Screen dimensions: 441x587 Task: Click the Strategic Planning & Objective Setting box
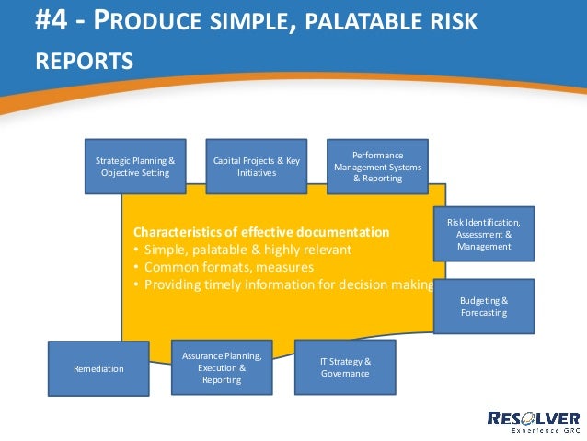tap(135, 167)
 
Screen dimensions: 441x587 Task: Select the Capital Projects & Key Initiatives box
tap(257, 167)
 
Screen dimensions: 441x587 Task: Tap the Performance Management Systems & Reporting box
tap(377, 167)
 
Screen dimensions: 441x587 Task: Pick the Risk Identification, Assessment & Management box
tap(484, 234)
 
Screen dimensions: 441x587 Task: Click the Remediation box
tap(98, 368)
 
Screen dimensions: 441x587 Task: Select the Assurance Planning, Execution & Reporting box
tap(222, 367)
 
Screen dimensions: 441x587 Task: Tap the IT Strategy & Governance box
tap(345, 367)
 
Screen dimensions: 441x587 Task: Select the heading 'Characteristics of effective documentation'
tap(261, 231)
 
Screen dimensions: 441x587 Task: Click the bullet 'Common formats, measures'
tap(224, 267)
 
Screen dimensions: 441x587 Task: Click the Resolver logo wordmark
tap(533, 418)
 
